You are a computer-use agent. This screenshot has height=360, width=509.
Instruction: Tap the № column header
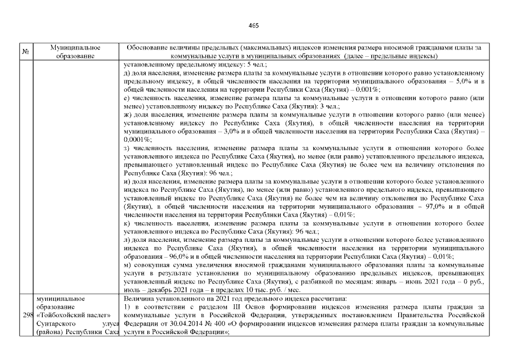25,52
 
